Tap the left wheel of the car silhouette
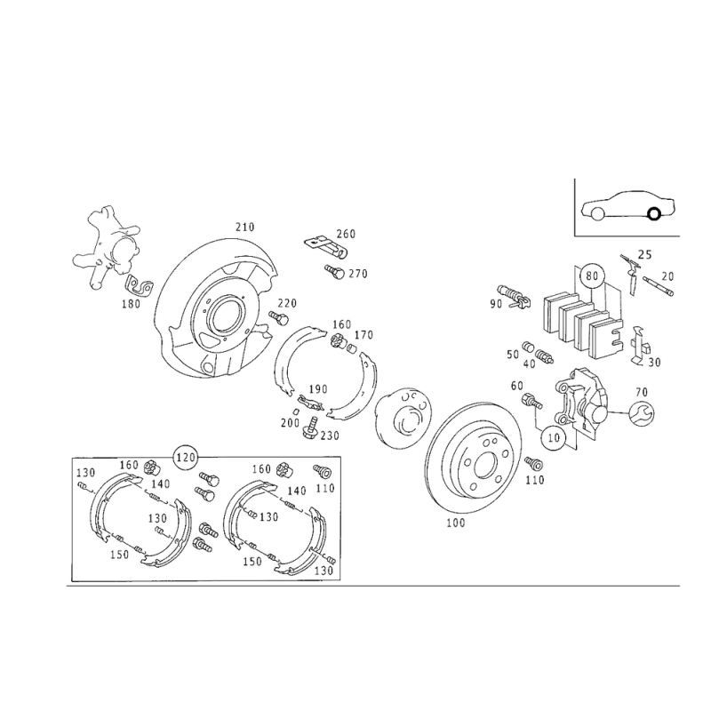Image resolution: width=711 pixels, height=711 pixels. point(595,211)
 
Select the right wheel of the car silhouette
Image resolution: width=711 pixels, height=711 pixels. point(656,211)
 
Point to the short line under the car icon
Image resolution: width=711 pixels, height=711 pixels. point(629,235)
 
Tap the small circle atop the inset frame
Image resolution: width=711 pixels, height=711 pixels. point(186,456)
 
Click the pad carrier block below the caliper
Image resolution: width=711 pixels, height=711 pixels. point(578,404)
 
